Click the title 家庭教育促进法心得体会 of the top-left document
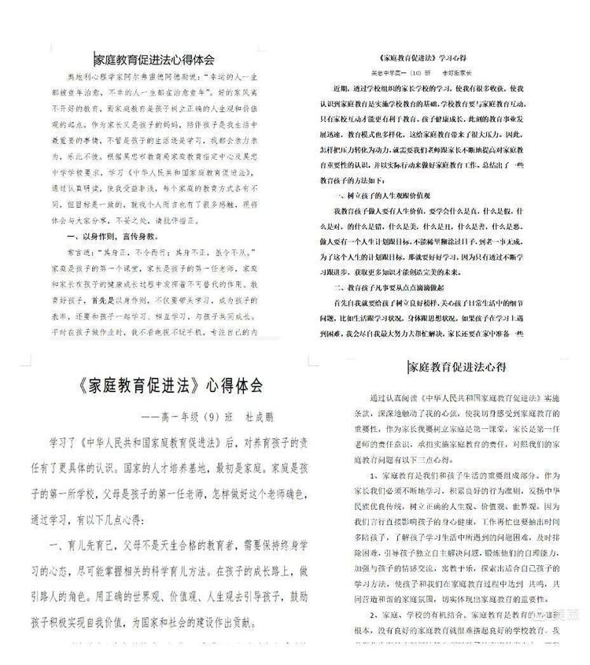tap(155, 58)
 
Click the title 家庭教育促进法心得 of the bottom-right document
tap(456, 367)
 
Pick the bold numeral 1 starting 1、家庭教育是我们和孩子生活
tap(372, 476)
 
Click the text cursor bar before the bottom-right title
tap(408, 367)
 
